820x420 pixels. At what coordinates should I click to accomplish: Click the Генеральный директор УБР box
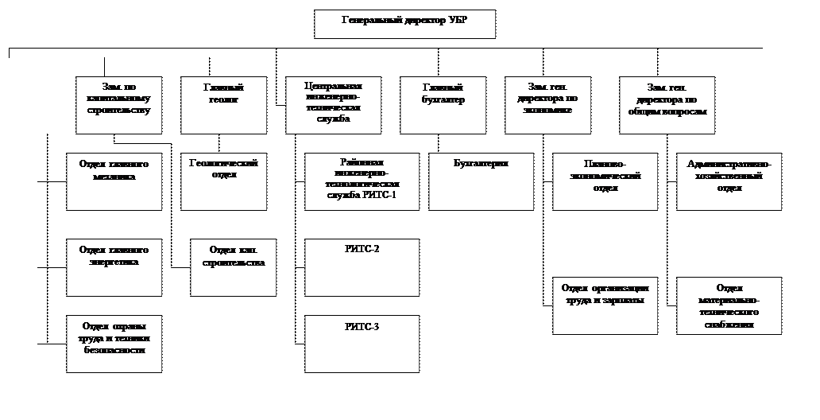[x=404, y=24]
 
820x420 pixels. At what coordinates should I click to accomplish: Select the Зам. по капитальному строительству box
[x=119, y=105]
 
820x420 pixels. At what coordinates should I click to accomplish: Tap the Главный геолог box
[x=224, y=105]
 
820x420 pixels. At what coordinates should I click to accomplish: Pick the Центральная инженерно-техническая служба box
[x=333, y=105]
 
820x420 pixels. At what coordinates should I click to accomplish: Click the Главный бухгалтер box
[x=443, y=105]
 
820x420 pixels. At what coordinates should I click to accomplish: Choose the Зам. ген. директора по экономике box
[x=548, y=105]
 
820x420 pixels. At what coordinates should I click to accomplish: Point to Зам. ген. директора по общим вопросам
[x=667, y=105]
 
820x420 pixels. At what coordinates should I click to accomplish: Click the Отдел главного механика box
[x=114, y=181]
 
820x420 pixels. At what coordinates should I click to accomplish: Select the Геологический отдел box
[x=224, y=181]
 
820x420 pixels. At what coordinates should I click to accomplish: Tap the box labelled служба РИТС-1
[x=362, y=181]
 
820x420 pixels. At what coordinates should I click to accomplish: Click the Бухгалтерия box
[x=481, y=181]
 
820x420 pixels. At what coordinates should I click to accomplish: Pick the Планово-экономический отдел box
[x=605, y=181]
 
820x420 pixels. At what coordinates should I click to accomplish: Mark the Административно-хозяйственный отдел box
[x=729, y=181]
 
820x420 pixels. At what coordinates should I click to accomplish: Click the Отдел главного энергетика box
[x=114, y=267]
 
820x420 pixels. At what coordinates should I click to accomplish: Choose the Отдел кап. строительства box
[x=234, y=267]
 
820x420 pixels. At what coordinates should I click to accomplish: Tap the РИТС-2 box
[x=362, y=267]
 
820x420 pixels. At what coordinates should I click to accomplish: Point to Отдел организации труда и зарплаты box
[x=605, y=305]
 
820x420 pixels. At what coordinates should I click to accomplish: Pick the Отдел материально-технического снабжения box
[x=729, y=305]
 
